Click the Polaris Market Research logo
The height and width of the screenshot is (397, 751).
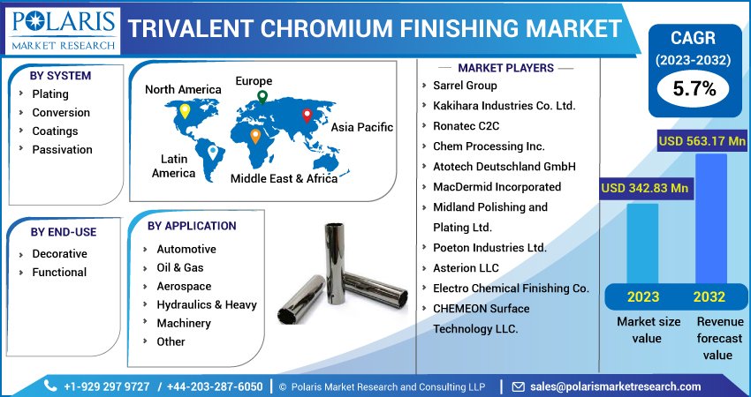click(64, 30)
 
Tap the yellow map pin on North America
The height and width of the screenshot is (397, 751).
click(185, 111)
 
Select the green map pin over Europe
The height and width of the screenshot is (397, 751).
click(262, 97)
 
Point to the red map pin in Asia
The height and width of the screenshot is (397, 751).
click(307, 116)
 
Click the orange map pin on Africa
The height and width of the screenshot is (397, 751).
click(255, 137)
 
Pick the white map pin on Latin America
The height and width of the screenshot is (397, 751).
click(213, 153)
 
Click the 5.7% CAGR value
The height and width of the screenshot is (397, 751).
click(694, 88)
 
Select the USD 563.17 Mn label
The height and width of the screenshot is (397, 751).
click(702, 141)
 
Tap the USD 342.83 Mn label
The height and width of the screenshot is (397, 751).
click(645, 188)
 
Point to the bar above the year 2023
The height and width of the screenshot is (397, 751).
click(642, 243)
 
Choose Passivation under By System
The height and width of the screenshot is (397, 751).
click(62, 149)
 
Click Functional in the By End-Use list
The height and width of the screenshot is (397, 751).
click(59, 272)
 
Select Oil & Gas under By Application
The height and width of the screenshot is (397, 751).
click(180, 267)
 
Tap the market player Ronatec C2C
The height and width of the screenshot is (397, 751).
click(466, 126)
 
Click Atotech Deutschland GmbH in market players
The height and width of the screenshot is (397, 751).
click(504, 167)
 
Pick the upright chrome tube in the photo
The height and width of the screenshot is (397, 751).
click(335, 264)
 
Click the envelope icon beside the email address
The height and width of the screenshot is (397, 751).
click(518, 386)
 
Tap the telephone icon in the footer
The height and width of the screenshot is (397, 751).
click(50, 386)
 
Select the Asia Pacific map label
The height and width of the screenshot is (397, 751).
click(362, 127)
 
